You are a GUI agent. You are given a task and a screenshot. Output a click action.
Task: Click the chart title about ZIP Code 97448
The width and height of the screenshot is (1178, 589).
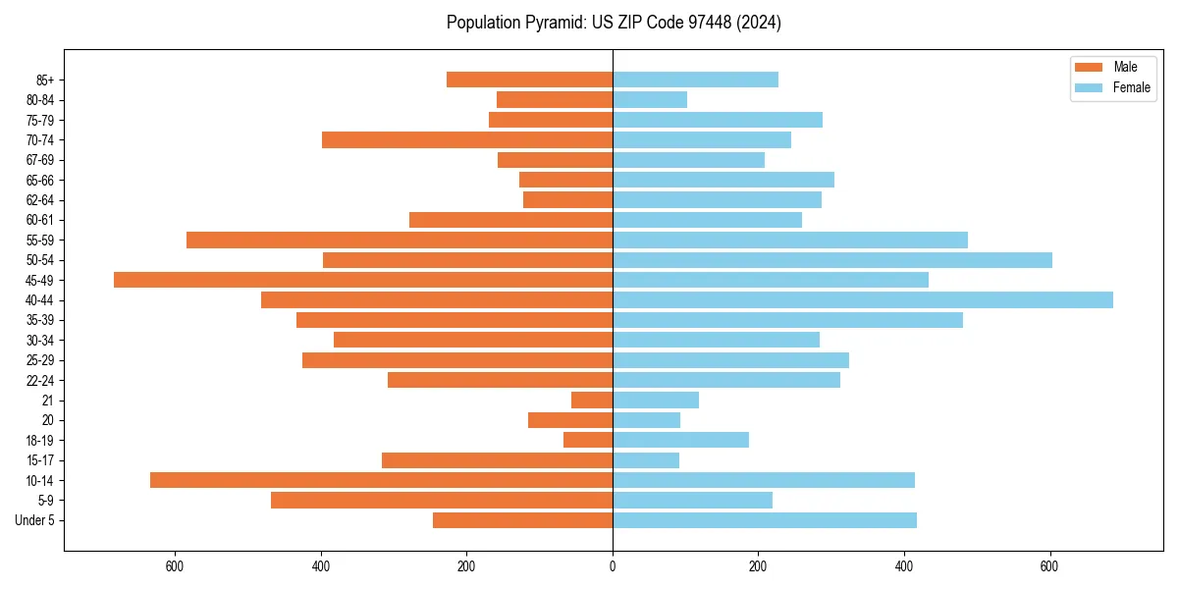point(614,23)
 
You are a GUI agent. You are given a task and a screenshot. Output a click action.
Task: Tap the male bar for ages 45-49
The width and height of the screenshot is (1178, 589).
point(363,280)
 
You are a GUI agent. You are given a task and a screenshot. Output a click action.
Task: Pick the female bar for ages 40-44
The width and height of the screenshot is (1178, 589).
point(863,300)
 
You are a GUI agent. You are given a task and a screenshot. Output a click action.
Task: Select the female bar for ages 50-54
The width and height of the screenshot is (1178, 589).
point(832,260)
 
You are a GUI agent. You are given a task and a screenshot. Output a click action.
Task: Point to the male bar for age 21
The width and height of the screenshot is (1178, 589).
point(592,401)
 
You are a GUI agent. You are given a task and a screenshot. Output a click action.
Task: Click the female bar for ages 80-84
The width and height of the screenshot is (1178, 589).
point(650,100)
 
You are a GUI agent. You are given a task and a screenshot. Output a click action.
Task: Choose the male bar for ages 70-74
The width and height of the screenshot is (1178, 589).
point(467,140)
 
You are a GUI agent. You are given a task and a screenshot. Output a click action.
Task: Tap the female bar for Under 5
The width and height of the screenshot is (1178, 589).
point(765,520)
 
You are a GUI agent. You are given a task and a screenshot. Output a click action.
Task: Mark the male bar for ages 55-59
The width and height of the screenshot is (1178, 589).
point(400,241)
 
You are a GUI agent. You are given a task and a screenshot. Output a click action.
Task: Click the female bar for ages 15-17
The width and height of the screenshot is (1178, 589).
point(646,460)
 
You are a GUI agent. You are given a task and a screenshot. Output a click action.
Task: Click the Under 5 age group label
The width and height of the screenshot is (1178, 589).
point(35,520)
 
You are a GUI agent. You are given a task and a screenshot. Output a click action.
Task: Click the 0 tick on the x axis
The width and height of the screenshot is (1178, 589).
point(613,566)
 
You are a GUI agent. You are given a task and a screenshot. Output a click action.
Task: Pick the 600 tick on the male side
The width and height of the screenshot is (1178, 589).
point(175,566)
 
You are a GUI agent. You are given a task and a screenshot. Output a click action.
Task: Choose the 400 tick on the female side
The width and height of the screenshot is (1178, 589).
point(904,566)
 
